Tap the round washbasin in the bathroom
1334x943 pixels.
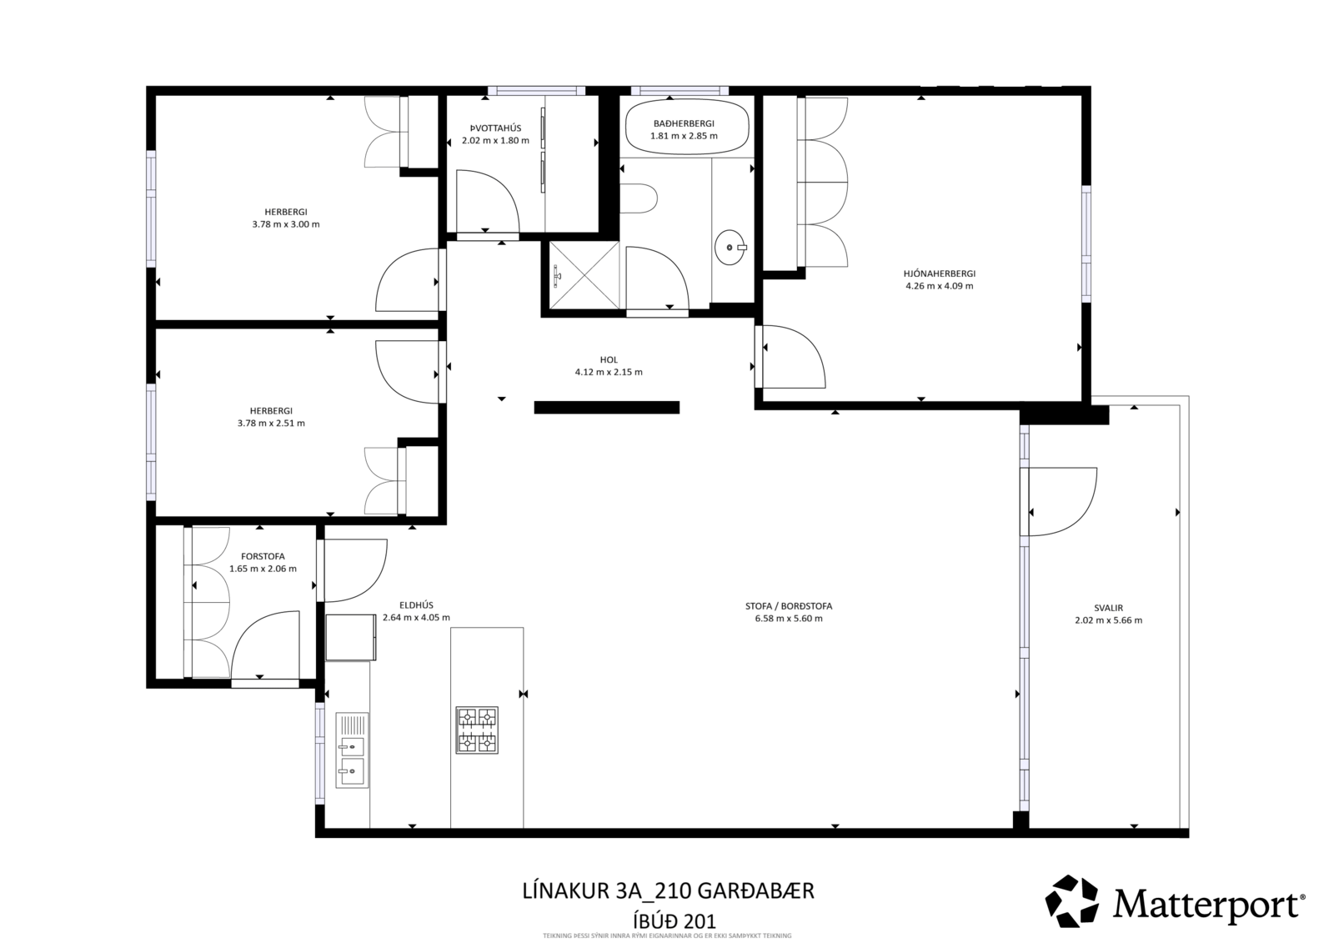click(730, 248)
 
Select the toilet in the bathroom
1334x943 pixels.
click(638, 198)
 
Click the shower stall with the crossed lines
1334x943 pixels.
click(584, 274)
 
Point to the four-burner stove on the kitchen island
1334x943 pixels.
click(476, 730)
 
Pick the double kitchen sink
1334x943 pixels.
click(352, 750)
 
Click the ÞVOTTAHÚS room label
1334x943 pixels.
click(495, 128)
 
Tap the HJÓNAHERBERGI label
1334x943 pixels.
click(939, 273)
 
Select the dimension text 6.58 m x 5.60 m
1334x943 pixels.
click(789, 619)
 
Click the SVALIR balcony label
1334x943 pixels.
click(1108, 608)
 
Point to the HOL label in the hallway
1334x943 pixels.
click(609, 359)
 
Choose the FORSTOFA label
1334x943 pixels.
click(263, 556)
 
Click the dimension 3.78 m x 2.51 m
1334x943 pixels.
click(271, 423)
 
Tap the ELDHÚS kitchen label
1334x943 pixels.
click(416, 605)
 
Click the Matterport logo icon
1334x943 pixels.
click(1072, 901)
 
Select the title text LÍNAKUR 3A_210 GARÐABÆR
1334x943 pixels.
click(668, 890)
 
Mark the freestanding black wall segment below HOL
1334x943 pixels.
click(607, 407)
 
